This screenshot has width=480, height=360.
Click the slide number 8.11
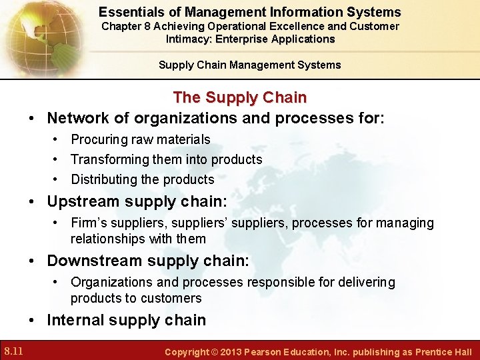13,351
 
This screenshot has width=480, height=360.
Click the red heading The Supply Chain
239,97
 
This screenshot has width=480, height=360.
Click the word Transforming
109,159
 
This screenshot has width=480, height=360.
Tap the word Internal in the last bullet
75,320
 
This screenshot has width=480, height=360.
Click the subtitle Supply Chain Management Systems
249,65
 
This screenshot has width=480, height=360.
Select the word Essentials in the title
130,12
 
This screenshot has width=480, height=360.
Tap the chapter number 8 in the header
151,26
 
